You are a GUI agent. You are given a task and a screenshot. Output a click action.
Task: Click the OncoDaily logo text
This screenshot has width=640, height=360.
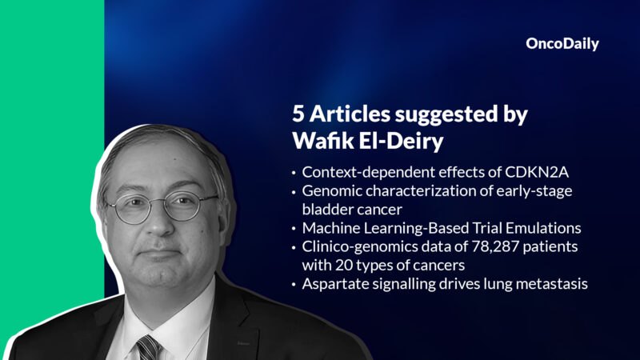[562, 44]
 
